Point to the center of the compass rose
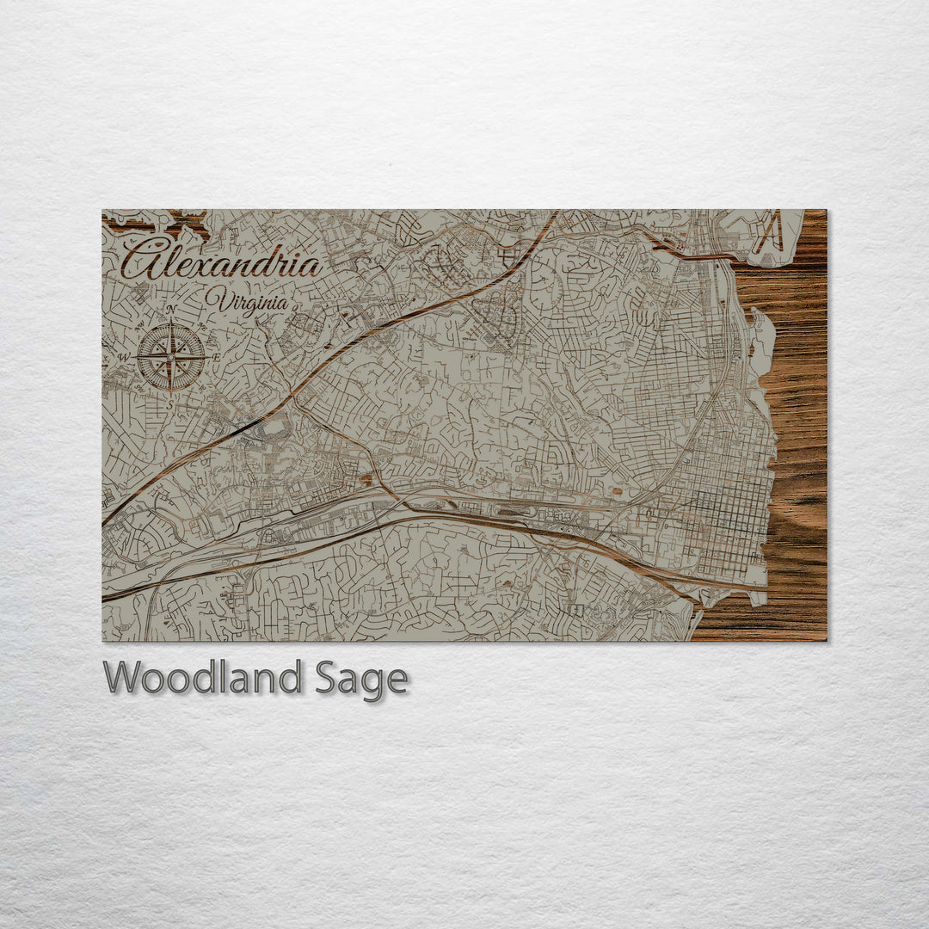pos(171,355)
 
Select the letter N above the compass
pos(171,309)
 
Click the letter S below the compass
pos(171,401)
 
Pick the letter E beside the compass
pos(217,356)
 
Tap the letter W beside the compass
pos(125,356)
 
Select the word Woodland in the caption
pos(202,678)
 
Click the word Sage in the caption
pos(361,680)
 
